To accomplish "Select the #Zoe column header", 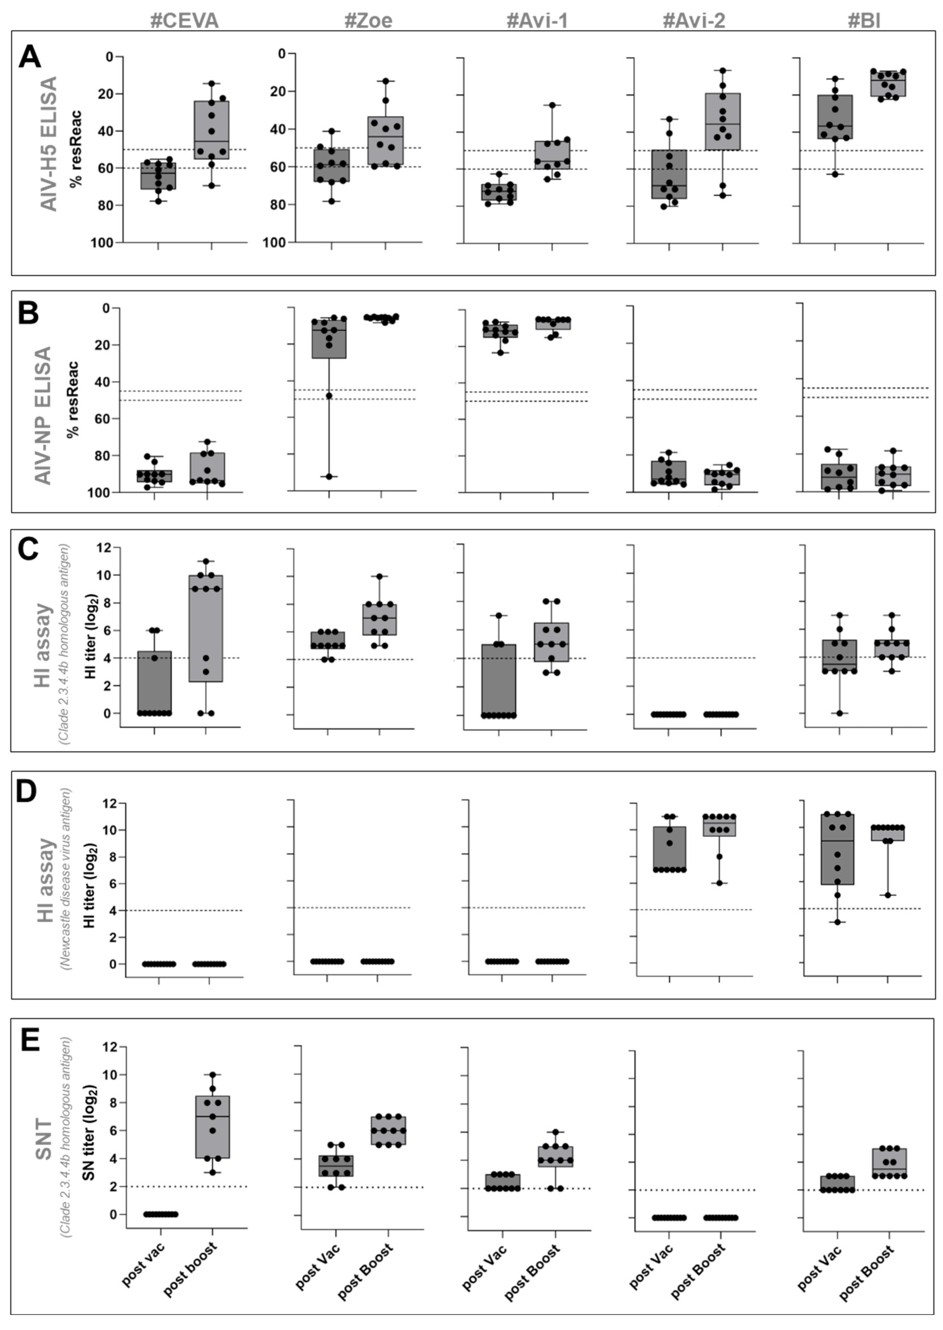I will (368, 21).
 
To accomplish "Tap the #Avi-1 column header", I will (537, 21).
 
